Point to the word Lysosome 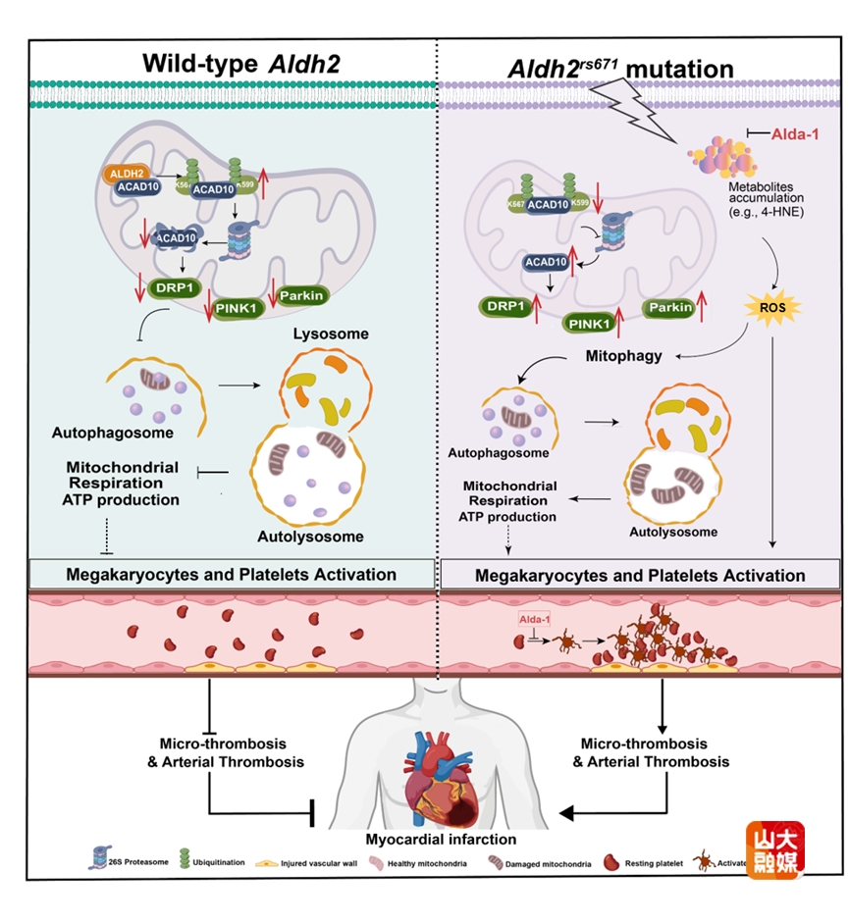point(331,334)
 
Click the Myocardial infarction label point(440,840)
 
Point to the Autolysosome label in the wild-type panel point(310,537)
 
